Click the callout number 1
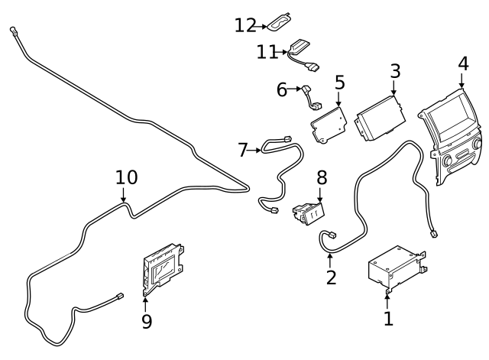[388, 318]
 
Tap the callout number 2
[331, 277]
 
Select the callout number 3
[394, 72]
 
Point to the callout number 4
[462, 63]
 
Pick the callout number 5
[339, 82]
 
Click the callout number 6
[282, 90]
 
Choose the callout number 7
[243, 150]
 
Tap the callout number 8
[322, 178]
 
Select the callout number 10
[126, 177]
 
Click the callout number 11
[266, 52]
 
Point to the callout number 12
[245, 25]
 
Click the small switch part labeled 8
[309, 212]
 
